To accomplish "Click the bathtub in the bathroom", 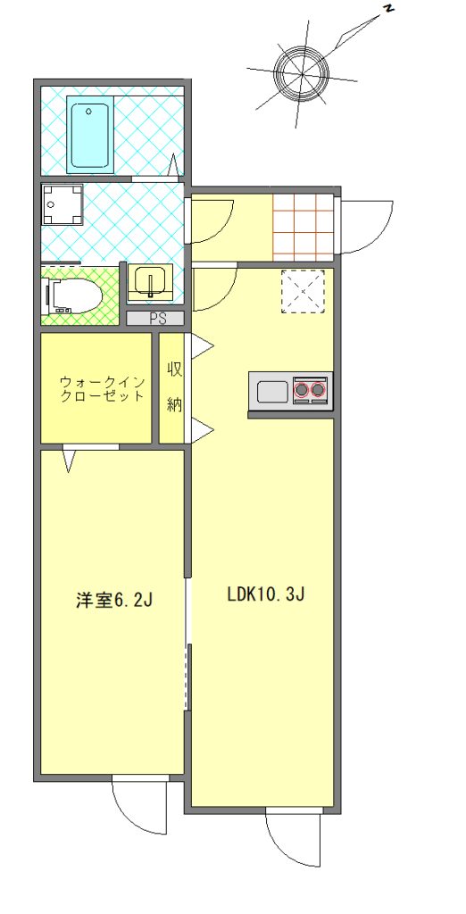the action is tap(90, 135).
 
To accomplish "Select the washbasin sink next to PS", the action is tap(150, 282).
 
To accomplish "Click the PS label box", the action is tap(155, 319).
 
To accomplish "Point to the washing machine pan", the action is tap(62, 204).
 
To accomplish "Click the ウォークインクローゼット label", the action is tap(102, 389).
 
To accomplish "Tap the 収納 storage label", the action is tap(174, 386).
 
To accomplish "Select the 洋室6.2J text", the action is tap(114, 601).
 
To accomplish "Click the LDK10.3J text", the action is tap(267, 594).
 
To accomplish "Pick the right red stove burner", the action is tap(318, 389).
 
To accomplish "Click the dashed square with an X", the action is tap(303, 292).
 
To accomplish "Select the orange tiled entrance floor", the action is tap(304, 227).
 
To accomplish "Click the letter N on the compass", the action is tap(388, 8).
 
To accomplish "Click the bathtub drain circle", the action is tap(90, 111).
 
